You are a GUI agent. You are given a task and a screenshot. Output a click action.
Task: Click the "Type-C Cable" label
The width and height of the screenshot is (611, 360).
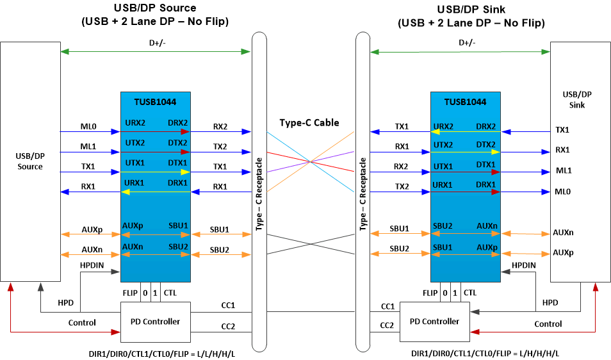pos(309,122)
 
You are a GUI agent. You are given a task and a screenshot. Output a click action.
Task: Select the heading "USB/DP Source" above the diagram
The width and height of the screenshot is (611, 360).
pos(155,8)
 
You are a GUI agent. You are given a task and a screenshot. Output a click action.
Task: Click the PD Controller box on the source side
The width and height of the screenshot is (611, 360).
pos(156,321)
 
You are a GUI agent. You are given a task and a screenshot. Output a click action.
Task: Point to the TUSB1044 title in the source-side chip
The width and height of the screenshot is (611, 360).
pos(155,101)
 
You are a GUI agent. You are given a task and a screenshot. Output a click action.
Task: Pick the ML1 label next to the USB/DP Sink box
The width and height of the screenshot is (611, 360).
pos(562,171)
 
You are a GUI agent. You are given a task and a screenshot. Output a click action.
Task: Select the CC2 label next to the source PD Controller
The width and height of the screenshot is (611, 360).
pos(228,327)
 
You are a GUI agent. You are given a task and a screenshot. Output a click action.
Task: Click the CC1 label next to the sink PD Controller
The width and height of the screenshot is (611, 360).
pos(387,306)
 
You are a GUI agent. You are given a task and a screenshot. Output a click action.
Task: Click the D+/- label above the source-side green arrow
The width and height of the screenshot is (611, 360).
pos(155,43)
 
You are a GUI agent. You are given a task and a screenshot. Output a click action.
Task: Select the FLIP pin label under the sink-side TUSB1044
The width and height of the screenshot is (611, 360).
pos(430,293)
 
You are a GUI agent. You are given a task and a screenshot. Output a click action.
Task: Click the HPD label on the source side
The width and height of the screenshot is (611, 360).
pos(65,302)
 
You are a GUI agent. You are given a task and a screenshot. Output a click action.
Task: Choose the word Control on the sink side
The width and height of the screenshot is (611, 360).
pos(548,323)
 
